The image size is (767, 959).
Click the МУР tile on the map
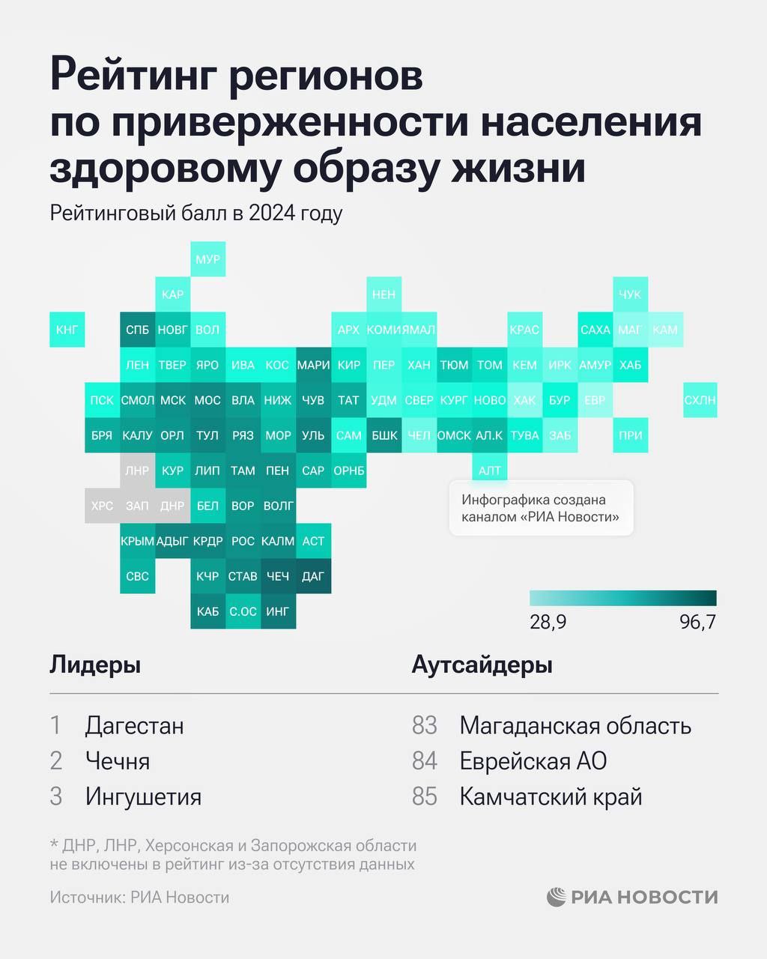click(207, 259)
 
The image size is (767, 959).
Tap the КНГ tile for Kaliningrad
click(67, 330)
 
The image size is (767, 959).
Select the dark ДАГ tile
click(313, 576)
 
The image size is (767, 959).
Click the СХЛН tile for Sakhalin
click(700, 400)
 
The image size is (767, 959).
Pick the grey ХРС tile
click(102, 506)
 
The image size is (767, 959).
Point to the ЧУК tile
click(630, 294)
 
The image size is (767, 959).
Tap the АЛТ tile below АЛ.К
click(489, 471)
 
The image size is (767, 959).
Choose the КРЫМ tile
click(137, 541)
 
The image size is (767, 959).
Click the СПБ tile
click(137, 330)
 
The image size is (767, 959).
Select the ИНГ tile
click(278, 611)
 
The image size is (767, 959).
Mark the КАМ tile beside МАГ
click(665, 330)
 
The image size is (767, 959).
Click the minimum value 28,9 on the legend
click(548, 623)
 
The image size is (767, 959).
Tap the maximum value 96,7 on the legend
click(697, 623)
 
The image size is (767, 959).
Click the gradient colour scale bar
click(622, 598)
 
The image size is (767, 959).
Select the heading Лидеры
click(95, 665)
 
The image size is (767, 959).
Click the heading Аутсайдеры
click(482, 665)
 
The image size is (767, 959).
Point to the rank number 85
click(424, 796)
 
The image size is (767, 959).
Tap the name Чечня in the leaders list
click(118, 761)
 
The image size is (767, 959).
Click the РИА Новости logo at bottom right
click(632, 897)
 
